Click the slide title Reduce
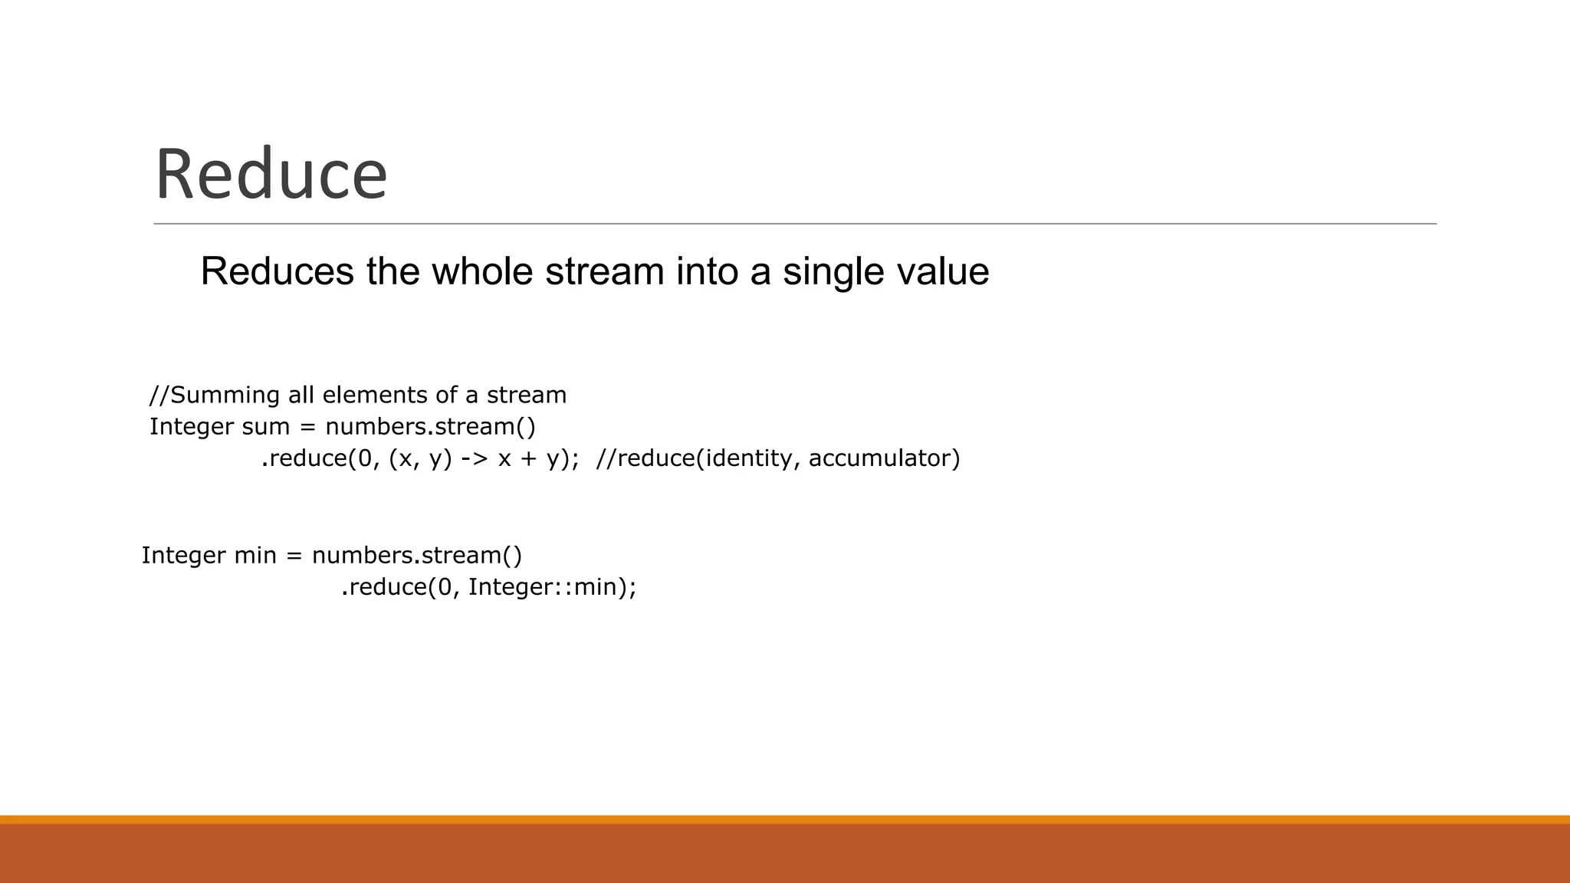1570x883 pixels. point(271,175)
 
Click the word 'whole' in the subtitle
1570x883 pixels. point(481,271)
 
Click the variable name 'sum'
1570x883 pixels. point(265,426)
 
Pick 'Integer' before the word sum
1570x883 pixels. point(192,426)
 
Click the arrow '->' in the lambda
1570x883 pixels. point(475,458)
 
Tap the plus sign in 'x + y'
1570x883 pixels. point(528,458)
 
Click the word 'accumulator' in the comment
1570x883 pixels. point(884,458)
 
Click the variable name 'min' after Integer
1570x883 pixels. point(255,555)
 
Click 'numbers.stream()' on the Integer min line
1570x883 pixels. point(417,555)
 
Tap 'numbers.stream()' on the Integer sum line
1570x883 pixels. point(430,426)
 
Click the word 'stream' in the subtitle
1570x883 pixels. point(605,271)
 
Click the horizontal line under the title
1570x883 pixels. point(794,224)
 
